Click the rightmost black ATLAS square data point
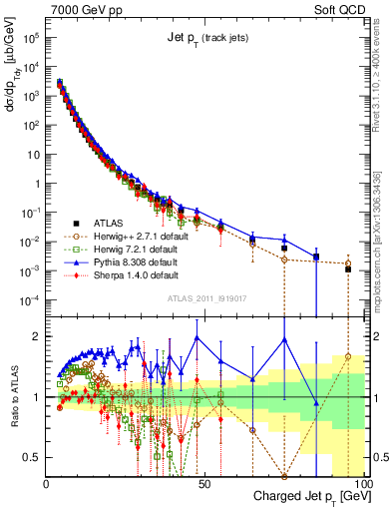click(x=348, y=269)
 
